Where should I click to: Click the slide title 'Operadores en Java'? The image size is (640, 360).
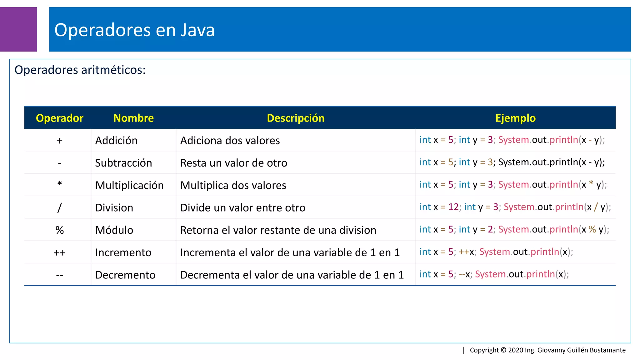pyautogui.click(x=134, y=30)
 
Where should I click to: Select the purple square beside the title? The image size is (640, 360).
pyautogui.click(x=18, y=29)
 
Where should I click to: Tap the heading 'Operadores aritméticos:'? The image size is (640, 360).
pyautogui.click(x=80, y=70)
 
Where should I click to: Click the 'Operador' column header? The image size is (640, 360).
pyautogui.click(x=59, y=118)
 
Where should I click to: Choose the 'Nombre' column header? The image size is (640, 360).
pyautogui.click(x=133, y=118)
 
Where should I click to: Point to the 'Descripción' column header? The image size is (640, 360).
pyautogui.click(x=296, y=118)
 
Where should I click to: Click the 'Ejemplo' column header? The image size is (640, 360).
pyautogui.click(x=515, y=118)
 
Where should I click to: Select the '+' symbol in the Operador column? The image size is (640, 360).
pyautogui.click(x=60, y=141)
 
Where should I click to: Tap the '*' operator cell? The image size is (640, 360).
pyautogui.click(x=60, y=184)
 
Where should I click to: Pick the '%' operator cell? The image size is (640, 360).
pyautogui.click(x=60, y=230)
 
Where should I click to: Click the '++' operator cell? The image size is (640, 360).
pyautogui.click(x=60, y=253)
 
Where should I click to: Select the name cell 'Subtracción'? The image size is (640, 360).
pyautogui.click(x=123, y=163)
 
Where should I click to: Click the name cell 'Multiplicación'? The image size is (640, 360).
pyautogui.click(x=129, y=185)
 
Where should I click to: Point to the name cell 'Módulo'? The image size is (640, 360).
pyautogui.click(x=114, y=230)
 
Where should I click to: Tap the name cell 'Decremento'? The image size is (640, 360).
pyautogui.click(x=125, y=275)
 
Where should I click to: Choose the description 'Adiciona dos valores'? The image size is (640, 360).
pyautogui.click(x=230, y=141)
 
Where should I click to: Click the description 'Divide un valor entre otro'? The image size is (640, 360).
pyautogui.click(x=243, y=208)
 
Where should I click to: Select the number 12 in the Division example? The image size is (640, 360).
pyautogui.click(x=453, y=207)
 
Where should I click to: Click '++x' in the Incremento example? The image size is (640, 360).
pyautogui.click(x=466, y=252)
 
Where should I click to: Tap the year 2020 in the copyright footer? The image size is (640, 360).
pyautogui.click(x=516, y=350)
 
